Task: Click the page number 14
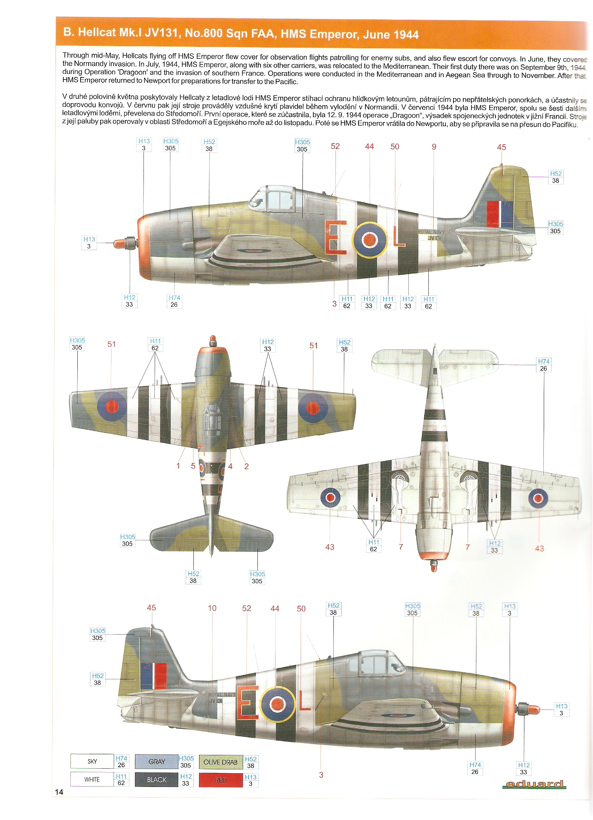[59, 792]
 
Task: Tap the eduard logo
[534, 784]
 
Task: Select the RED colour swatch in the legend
[221, 780]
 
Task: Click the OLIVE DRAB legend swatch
[221, 762]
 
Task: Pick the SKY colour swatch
[92, 761]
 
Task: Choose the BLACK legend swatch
[157, 780]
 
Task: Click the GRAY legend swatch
[157, 761]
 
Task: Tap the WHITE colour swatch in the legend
[92, 779]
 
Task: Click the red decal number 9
[434, 147]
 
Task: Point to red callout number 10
[212, 608]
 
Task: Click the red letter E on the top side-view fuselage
[335, 237]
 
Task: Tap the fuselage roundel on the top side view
[369, 239]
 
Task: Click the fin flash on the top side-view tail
[499, 214]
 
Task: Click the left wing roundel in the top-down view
[112, 406]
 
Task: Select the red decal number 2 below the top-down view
[246, 466]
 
